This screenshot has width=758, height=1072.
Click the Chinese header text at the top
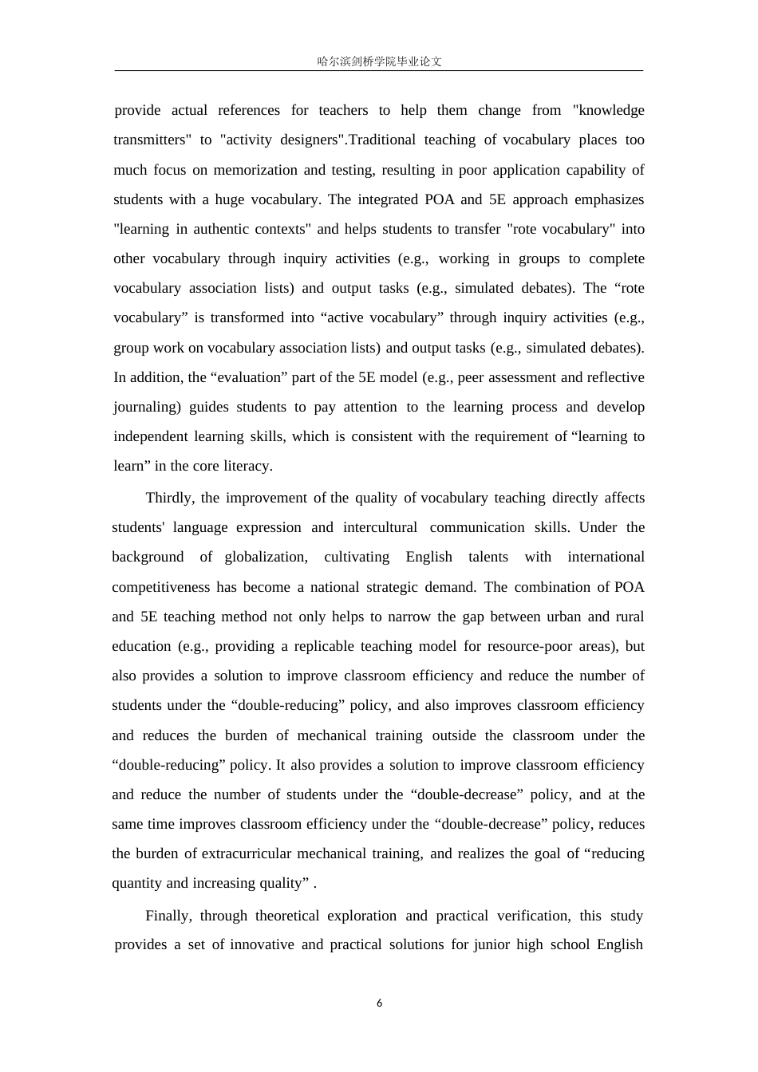[379, 61]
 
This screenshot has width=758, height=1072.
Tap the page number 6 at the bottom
[379, 1003]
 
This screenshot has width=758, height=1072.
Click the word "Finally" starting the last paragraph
[168, 916]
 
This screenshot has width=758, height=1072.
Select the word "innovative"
[262, 945]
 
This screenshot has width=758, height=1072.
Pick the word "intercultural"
[380, 528]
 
